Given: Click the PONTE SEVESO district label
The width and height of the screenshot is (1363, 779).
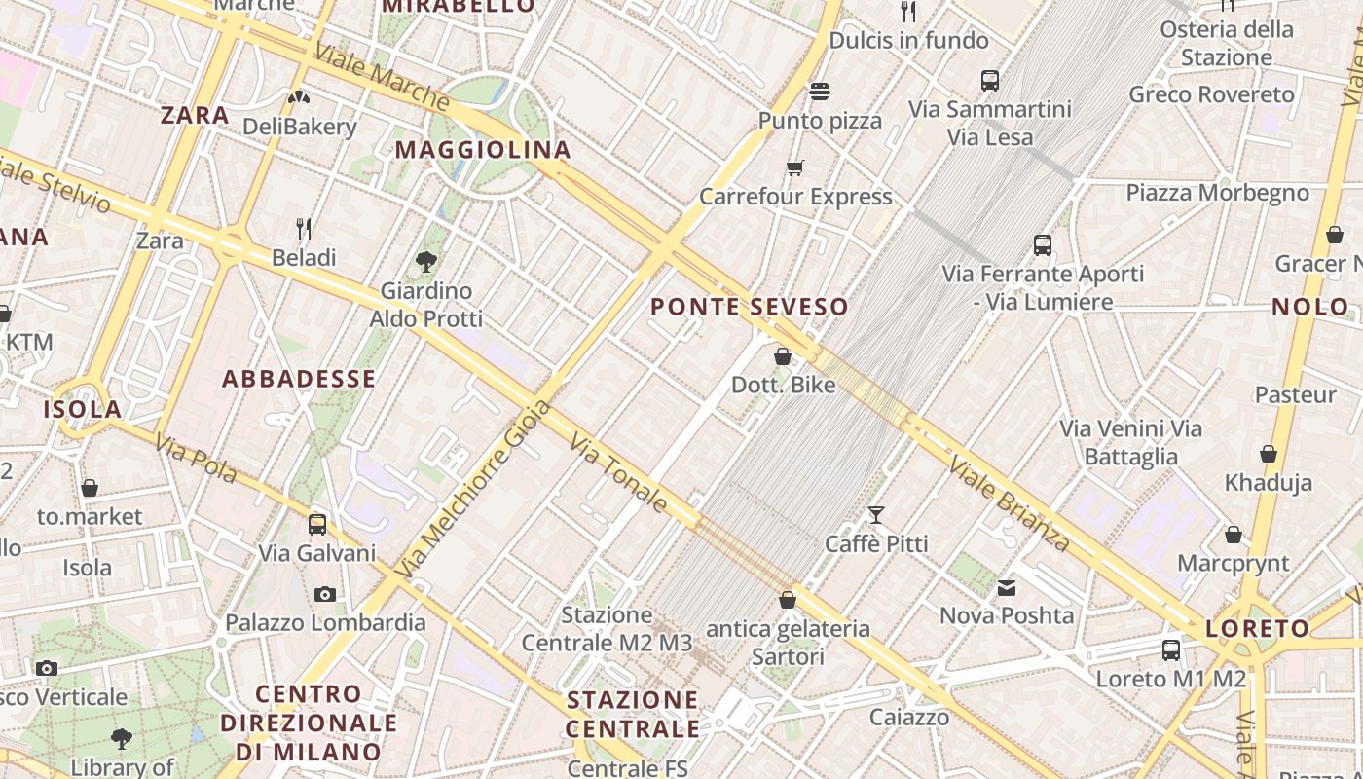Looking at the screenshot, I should pyautogui.click(x=749, y=307).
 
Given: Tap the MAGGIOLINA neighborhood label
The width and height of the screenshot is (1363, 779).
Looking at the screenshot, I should pyautogui.click(x=482, y=150).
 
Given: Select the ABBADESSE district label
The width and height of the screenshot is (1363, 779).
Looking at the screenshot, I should pyautogui.click(x=299, y=379).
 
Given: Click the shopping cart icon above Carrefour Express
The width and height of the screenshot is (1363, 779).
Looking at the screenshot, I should pyautogui.click(x=795, y=167).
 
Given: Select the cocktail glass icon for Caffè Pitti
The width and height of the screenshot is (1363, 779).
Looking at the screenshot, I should pyautogui.click(x=876, y=514).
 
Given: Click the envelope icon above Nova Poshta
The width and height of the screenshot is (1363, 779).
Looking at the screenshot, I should pyautogui.click(x=1006, y=587).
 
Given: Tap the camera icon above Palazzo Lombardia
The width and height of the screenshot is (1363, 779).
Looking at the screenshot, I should pyautogui.click(x=325, y=594).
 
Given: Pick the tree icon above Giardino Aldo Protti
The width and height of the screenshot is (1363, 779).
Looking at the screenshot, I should pyautogui.click(x=425, y=261).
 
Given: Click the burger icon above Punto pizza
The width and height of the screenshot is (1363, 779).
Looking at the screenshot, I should pyautogui.click(x=820, y=92).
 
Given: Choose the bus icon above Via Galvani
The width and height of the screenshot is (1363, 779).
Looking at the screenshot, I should pyautogui.click(x=317, y=524).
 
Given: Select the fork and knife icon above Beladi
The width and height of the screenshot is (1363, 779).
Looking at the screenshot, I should pyautogui.click(x=304, y=229).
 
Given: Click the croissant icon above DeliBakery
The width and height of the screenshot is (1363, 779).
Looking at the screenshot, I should pyautogui.click(x=299, y=97).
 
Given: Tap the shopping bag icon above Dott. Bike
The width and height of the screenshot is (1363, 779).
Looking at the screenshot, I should pyautogui.click(x=783, y=356).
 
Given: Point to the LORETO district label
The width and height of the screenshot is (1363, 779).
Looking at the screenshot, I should pyautogui.click(x=1258, y=629).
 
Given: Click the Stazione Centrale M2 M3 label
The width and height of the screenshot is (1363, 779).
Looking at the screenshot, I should pyautogui.click(x=607, y=629).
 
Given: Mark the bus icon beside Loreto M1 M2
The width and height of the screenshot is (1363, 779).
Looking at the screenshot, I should pyautogui.click(x=1170, y=649).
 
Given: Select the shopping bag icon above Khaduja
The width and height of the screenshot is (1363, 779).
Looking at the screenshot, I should pyautogui.click(x=1268, y=454).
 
